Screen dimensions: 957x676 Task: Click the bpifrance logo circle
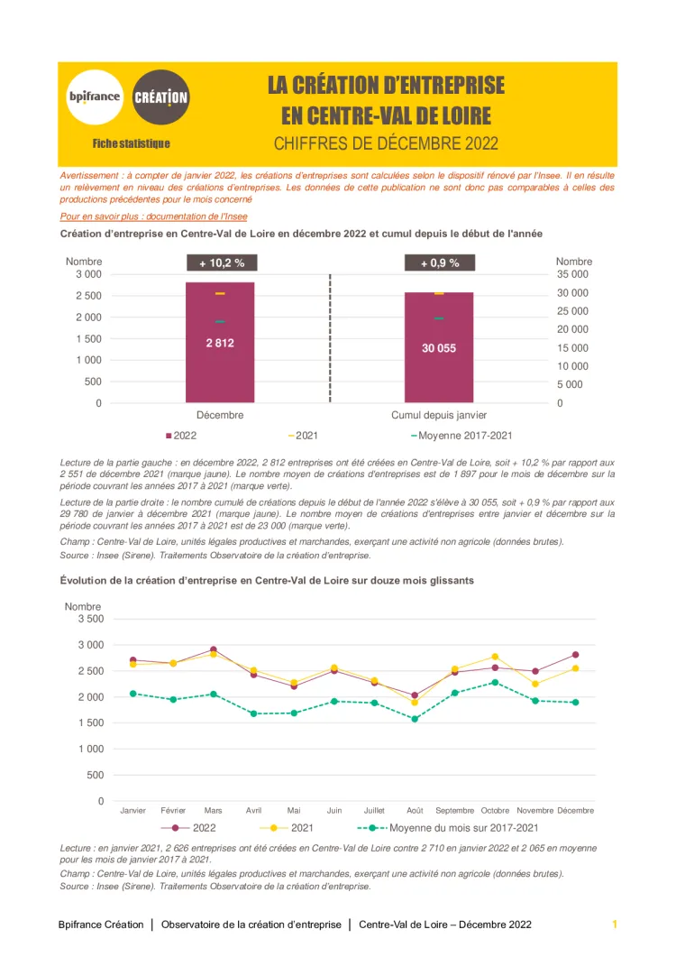pos(94,97)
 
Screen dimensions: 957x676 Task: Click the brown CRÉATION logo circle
pos(161,97)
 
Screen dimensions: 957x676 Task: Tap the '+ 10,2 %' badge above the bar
pos(222,263)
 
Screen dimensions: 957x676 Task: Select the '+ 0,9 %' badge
pos(440,263)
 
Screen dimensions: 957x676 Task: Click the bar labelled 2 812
pos(220,343)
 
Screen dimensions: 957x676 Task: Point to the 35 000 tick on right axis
pos(574,274)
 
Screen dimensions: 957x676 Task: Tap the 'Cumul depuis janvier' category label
pos(439,416)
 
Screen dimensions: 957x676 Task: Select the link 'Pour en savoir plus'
pos(153,216)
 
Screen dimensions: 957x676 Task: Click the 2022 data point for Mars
pos(214,649)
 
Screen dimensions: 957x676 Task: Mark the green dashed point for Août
pos(415,719)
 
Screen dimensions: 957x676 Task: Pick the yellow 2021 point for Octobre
pos(495,657)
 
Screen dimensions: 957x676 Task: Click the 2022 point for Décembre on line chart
pos(575,655)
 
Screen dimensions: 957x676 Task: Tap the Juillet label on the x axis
pos(374,811)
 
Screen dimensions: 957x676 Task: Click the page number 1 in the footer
pos(615,925)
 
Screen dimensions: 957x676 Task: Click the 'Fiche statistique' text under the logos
pos(131,143)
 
